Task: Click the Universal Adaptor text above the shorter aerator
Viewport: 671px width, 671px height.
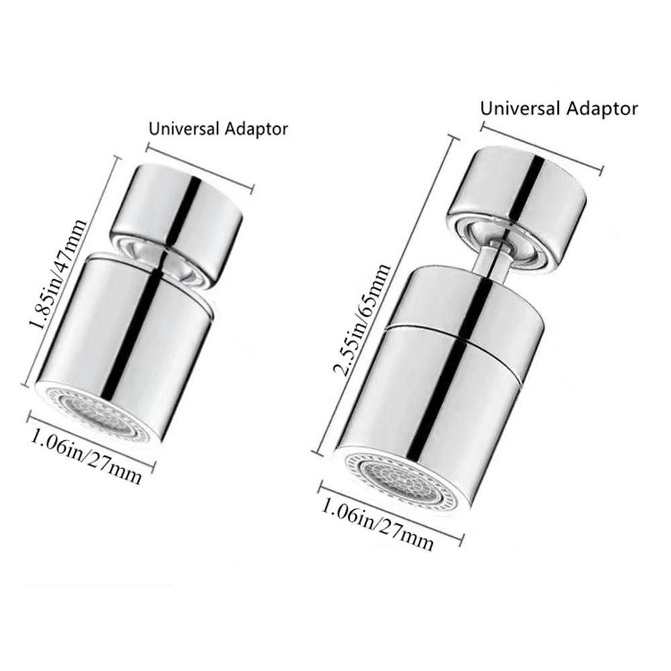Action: [218, 129]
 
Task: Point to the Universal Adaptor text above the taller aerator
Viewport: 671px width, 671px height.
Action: [559, 107]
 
